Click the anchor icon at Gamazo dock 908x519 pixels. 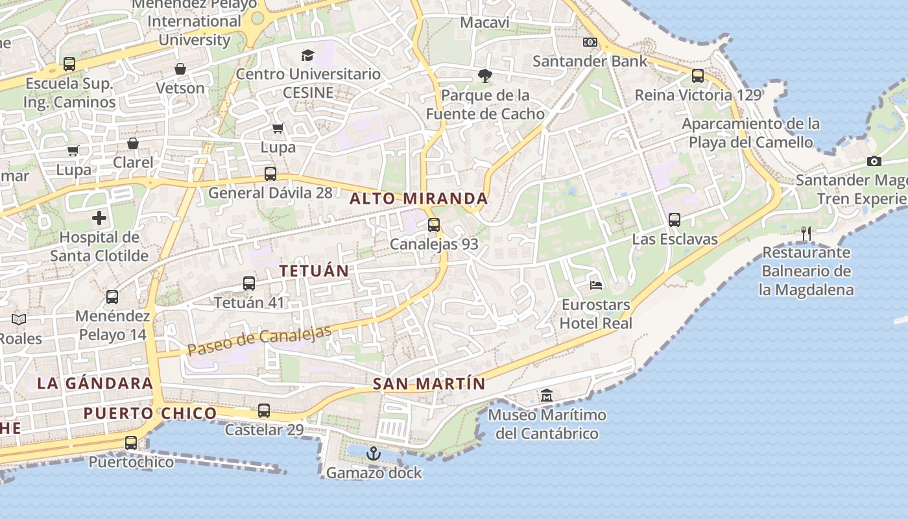[x=373, y=453]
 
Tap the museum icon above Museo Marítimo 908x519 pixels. [x=547, y=395]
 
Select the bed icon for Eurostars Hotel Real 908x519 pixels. [x=596, y=285]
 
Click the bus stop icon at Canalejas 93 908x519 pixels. [x=434, y=225]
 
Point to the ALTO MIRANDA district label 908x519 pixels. [x=418, y=199]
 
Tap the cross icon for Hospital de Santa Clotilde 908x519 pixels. [x=99, y=218]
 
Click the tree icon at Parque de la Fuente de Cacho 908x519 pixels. [x=484, y=76]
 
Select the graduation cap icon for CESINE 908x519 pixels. [x=307, y=55]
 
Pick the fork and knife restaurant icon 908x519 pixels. [x=806, y=233]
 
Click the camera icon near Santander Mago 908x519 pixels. [x=874, y=161]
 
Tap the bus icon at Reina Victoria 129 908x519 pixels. [x=698, y=76]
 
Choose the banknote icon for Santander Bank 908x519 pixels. [x=590, y=42]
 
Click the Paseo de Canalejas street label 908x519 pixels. [x=259, y=340]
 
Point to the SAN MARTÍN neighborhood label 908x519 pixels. [x=429, y=384]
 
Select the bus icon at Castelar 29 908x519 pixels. [x=264, y=411]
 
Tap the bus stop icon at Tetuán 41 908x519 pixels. [x=249, y=284]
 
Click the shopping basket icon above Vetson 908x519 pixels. [x=180, y=69]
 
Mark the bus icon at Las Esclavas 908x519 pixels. [x=675, y=220]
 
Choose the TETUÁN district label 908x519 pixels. [x=314, y=271]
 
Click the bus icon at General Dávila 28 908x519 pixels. [x=270, y=174]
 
